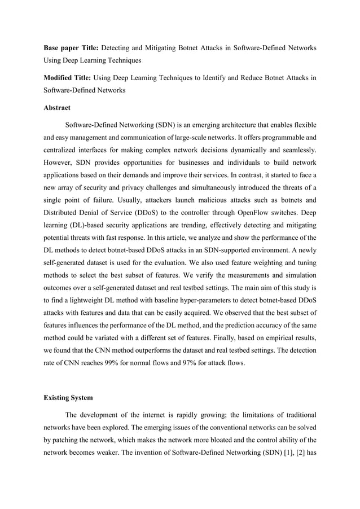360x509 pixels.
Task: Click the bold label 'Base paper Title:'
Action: tap(72, 48)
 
